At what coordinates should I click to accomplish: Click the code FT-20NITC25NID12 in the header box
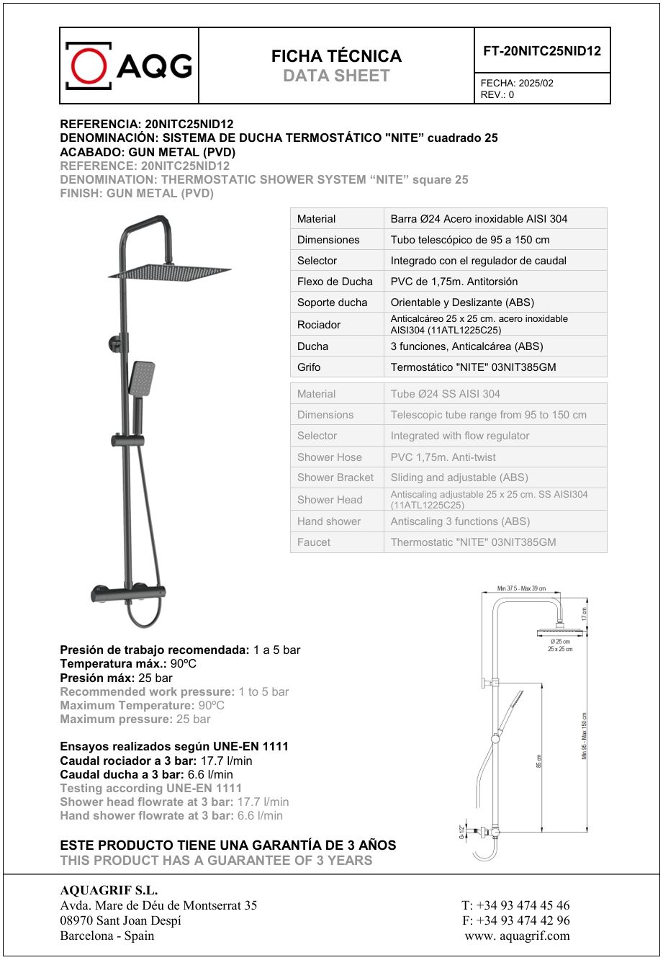pyautogui.click(x=541, y=51)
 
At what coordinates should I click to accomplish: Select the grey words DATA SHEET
pyautogui.click(x=336, y=76)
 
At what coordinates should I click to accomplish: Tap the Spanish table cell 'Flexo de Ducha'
pyautogui.click(x=335, y=282)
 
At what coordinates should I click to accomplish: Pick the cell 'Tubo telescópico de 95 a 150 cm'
pyautogui.click(x=469, y=240)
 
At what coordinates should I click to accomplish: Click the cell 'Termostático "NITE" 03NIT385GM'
pyautogui.click(x=473, y=367)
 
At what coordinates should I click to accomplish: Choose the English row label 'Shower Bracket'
pyautogui.click(x=335, y=477)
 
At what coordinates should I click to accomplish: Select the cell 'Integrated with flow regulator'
pyautogui.click(x=459, y=436)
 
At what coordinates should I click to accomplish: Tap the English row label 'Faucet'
pyautogui.click(x=314, y=542)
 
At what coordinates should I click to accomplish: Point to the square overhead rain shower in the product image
pyautogui.click(x=170, y=272)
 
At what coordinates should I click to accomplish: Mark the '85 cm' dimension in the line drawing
pyautogui.click(x=539, y=761)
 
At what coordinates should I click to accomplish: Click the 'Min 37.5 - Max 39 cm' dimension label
pyautogui.click(x=521, y=589)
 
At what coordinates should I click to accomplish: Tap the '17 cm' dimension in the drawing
pyautogui.click(x=585, y=614)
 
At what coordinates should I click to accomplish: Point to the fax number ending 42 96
pyautogui.click(x=515, y=920)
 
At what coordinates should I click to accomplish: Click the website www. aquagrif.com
pyautogui.click(x=517, y=936)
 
